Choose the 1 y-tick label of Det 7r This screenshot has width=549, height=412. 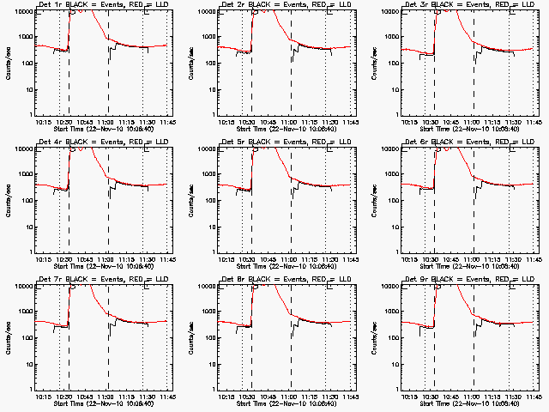point(30,388)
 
